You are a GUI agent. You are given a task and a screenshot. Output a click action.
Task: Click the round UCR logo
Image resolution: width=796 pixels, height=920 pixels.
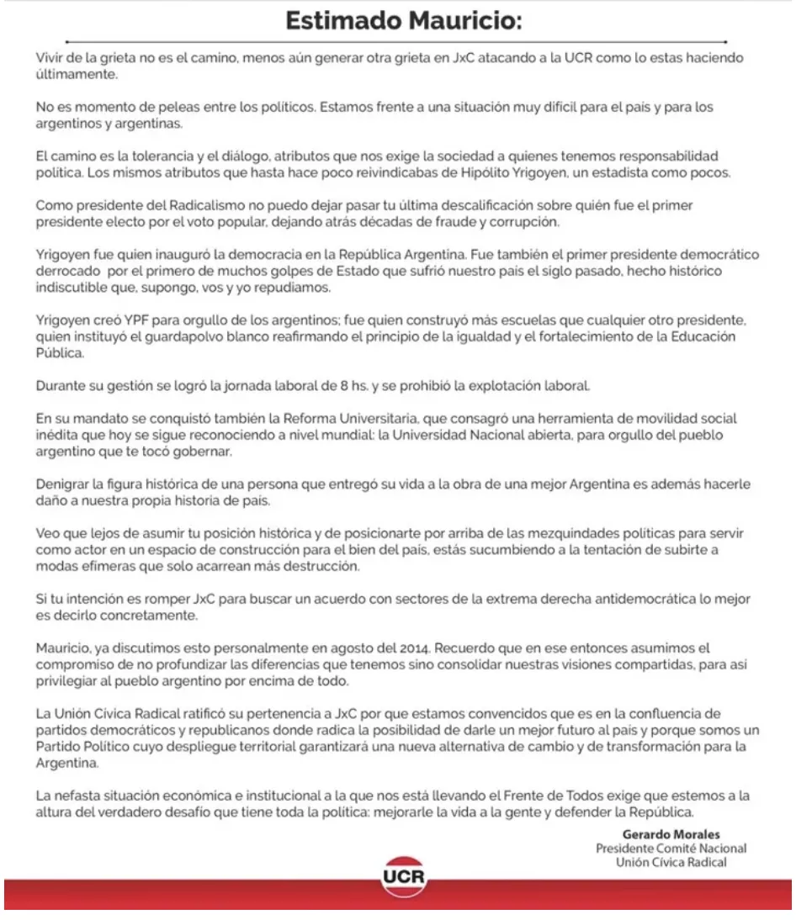pos(404,878)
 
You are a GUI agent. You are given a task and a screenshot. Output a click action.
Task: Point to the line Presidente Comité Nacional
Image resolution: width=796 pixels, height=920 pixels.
pos(671,849)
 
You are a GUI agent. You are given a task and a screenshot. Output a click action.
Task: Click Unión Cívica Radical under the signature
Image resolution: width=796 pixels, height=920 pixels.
pos(671,862)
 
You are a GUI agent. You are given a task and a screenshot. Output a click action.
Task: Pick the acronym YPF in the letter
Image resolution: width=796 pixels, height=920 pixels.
pos(135,320)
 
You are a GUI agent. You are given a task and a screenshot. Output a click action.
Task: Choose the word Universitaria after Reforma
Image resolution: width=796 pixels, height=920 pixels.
pos(358,419)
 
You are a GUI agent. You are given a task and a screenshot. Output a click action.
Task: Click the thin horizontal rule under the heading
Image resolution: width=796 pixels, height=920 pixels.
pos(396,41)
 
